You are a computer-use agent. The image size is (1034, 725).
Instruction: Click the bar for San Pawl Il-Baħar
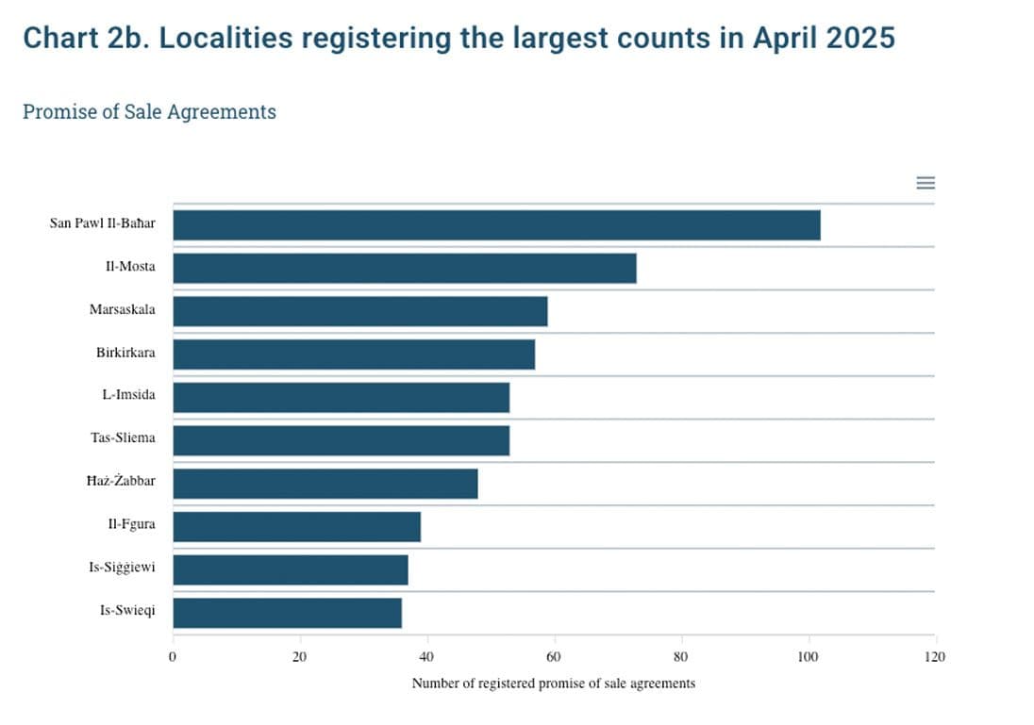click(496, 225)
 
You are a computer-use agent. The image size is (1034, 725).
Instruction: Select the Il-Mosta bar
click(404, 268)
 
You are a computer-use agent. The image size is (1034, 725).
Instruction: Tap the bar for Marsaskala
click(359, 311)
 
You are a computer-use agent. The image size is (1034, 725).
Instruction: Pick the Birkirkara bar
click(354, 354)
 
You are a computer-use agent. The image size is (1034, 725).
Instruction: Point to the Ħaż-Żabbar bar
click(325, 484)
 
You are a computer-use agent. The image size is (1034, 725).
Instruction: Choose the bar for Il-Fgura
click(296, 526)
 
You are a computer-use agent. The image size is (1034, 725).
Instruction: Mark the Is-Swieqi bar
click(287, 613)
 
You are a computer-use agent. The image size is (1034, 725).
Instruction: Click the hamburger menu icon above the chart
click(926, 183)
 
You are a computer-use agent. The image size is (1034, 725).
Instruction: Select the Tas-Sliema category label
click(124, 438)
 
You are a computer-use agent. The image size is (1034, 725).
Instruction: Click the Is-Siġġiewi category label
click(123, 568)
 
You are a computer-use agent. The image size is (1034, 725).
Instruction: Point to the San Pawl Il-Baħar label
click(102, 223)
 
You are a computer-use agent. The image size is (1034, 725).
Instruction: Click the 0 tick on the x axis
click(173, 656)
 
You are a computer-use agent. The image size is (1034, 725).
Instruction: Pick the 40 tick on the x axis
click(426, 656)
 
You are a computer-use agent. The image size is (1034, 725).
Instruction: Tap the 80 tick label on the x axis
click(681, 656)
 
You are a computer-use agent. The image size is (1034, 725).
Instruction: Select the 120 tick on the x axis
click(934, 656)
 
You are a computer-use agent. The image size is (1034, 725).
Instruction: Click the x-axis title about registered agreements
click(553, 683)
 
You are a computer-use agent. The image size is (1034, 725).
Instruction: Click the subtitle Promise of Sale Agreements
click(149, 111)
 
